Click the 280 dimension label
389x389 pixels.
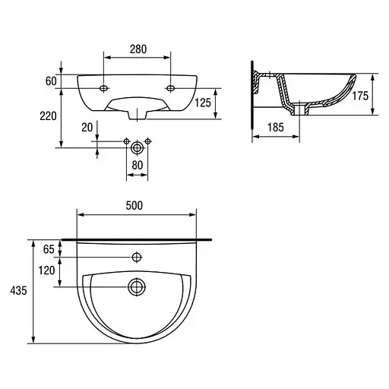tap(138, 49)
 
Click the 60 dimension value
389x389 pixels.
tap(51, 81)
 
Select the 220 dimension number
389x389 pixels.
tap(48, 116)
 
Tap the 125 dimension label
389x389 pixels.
tap(203, 103)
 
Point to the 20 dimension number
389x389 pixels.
tap(87, 128)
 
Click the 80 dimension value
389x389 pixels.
tap(138, 166)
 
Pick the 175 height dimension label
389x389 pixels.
tap(360, 96)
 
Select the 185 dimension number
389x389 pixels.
tap(276, 128)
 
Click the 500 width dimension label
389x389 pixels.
tap(134, 206)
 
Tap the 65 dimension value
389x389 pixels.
tap(49, 249)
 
